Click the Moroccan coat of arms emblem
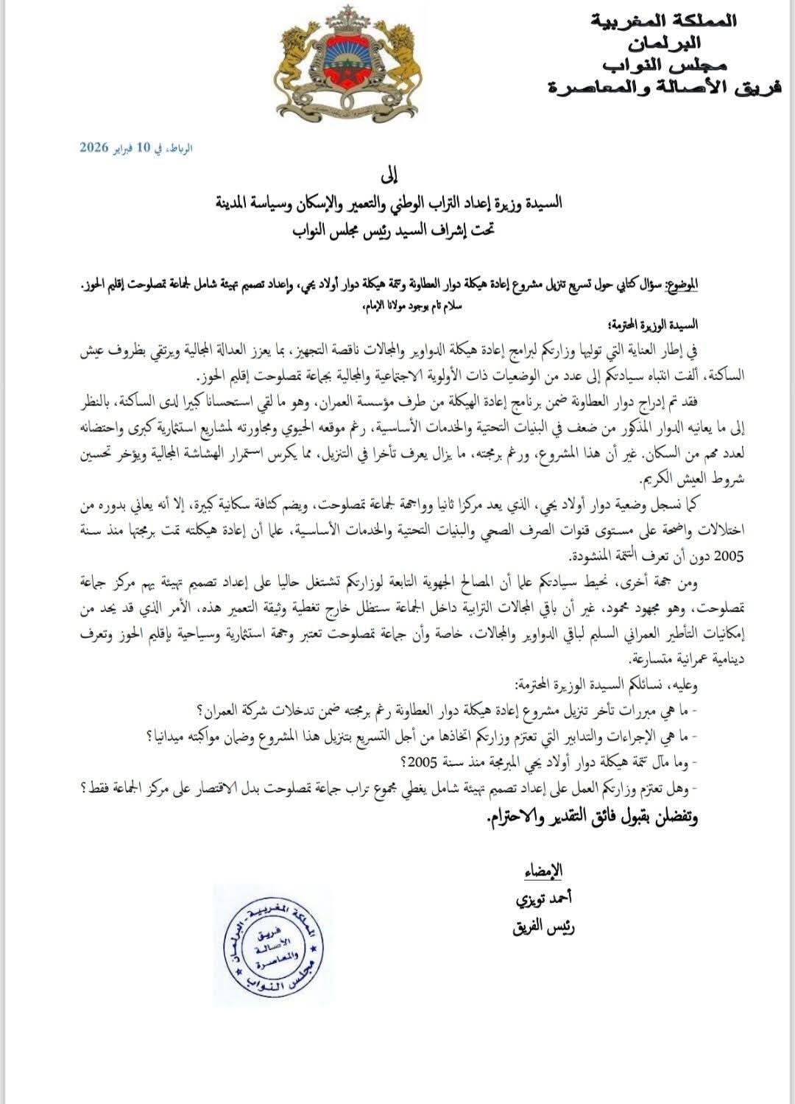coord(344,66)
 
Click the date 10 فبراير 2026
coord(136,147)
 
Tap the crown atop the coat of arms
coord(344,15)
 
